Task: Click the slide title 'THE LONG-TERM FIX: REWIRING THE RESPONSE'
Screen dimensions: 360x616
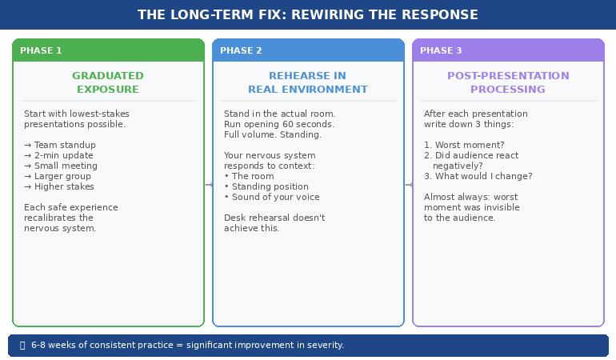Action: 308,15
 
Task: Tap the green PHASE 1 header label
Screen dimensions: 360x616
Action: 41,50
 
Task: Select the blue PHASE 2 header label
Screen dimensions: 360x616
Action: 241,50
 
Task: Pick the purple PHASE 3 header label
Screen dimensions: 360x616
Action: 441,50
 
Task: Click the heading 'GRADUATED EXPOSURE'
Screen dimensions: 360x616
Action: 108,82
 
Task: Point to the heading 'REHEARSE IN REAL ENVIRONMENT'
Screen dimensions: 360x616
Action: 308,82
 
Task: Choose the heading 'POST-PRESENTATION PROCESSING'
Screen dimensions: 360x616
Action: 508,82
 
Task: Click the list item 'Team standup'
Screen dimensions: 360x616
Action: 60,145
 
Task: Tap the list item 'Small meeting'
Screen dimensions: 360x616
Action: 61,166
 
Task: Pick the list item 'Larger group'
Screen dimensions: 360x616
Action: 60,176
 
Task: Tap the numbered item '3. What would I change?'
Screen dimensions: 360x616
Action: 478,176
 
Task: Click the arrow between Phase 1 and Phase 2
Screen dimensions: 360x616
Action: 209,185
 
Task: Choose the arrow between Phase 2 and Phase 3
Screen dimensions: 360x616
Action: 409,185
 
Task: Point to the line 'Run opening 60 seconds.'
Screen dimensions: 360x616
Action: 279,124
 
